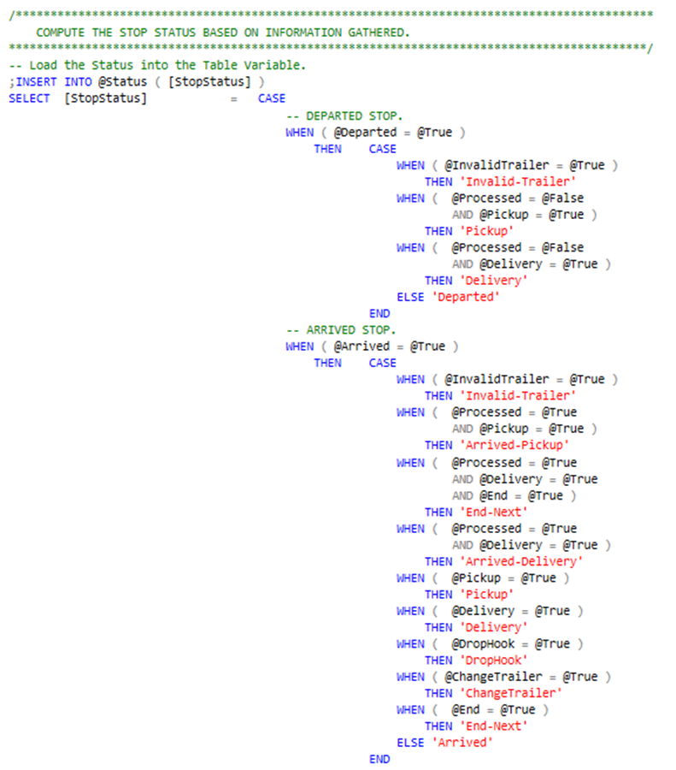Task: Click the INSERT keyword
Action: [37, 81]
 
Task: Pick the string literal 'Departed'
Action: [467, 297]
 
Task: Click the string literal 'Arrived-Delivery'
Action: [521, 561]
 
